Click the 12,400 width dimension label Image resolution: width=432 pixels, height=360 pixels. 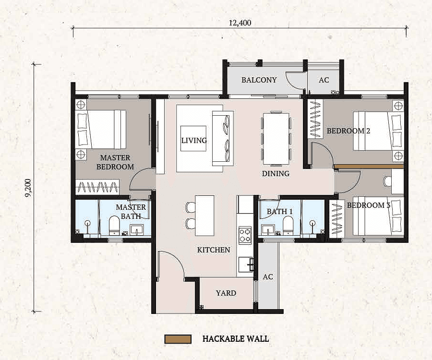pos(240,23)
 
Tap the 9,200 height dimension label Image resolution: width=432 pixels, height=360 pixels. pos(28,188)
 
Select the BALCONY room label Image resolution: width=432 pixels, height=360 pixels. pos(259,80)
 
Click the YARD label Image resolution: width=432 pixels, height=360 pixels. pos(226,293)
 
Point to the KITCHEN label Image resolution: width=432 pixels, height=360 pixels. pos(214,250)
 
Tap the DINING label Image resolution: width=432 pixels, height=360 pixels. pos(276,174)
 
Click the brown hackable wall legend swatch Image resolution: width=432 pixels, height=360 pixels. pos(178,339)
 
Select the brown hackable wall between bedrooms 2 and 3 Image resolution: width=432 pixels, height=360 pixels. pos(369,167)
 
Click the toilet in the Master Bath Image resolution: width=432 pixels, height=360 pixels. pos(114,225)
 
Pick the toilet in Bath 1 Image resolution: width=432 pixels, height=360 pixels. pos(288,225)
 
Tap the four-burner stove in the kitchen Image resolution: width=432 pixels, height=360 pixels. pos(245,235)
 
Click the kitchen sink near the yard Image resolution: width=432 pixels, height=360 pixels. pos(246,264)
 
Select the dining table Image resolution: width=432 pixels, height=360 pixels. pos(276,139)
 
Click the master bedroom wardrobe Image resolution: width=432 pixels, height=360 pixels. pos(97,187)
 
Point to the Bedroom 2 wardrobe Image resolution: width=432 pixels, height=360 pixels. pos(315,119)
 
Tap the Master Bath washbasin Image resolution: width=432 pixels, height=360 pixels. pos(137,229)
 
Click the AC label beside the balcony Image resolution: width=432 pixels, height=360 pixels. pos(324,80)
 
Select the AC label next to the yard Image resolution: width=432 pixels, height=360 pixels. pos(268,276)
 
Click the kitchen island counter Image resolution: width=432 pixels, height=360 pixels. pos(204,216)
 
